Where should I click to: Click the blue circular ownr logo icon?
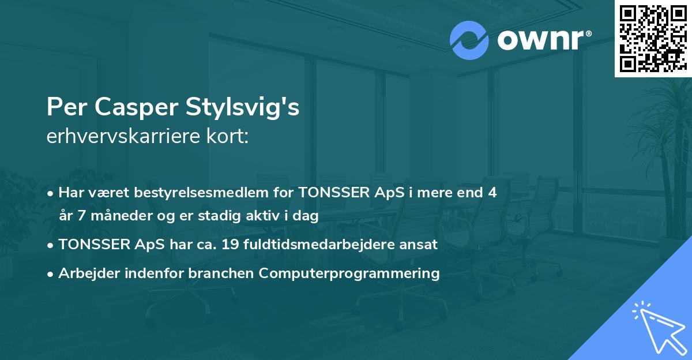(469, 40)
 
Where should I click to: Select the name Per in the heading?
(63, 108)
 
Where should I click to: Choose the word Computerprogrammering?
(349, 273)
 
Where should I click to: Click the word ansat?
(422, 245)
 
